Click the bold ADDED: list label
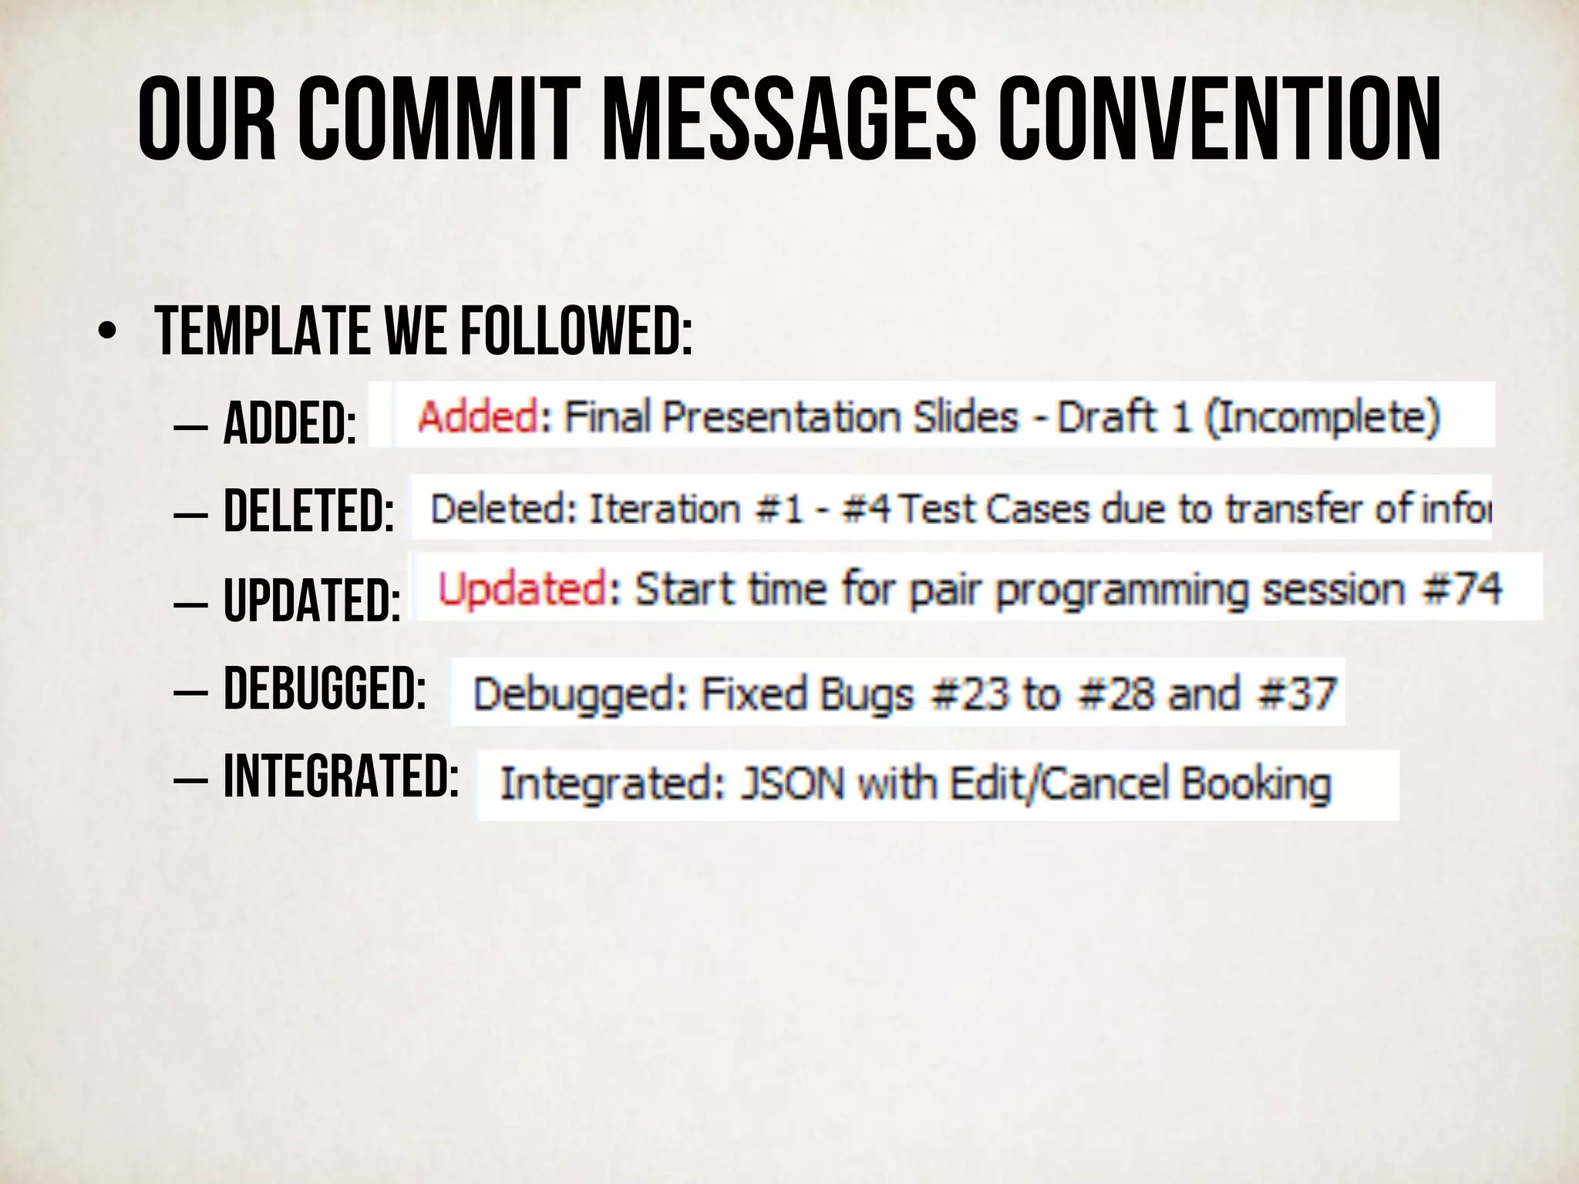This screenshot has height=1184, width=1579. click(x=290, y=424)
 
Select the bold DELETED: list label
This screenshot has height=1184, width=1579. click(x=308, y=511)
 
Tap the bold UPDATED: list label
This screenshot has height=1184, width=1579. click(x=311, y=600)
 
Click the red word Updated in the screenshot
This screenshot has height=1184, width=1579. click(x=523, y=588)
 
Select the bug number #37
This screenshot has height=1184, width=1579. click(x=1296, y=693)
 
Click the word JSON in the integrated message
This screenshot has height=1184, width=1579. click(x=792, y=784)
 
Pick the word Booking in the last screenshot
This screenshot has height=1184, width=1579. click(x=1257, y=785)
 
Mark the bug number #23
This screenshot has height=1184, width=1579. click(x=968, y=693)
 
